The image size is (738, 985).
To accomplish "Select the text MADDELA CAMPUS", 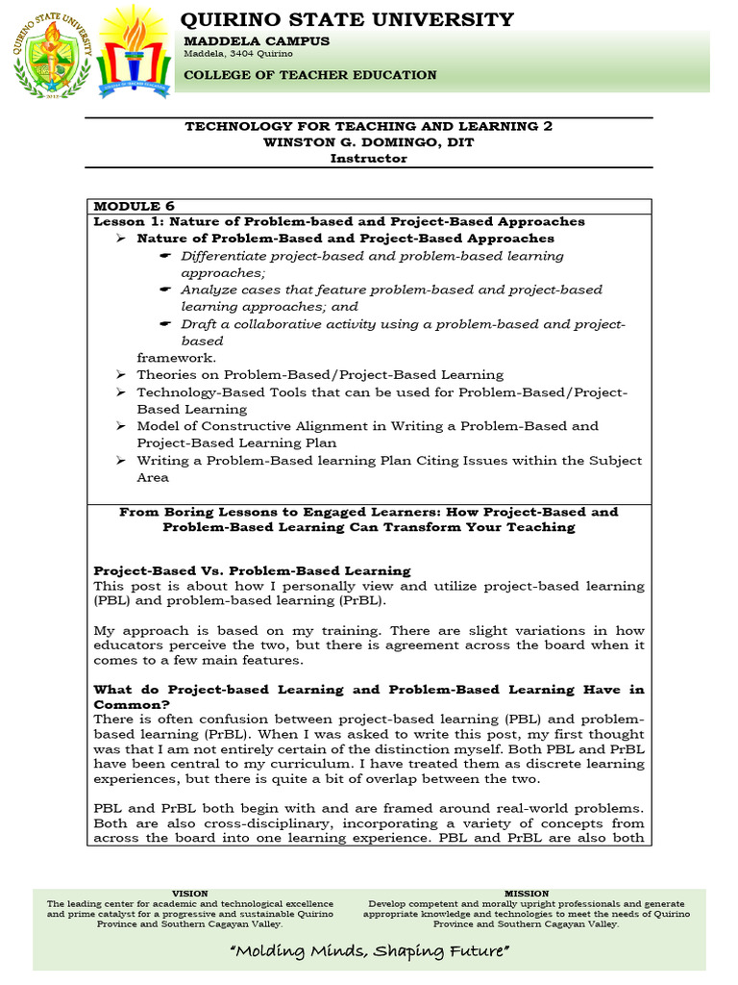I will click(257, 41).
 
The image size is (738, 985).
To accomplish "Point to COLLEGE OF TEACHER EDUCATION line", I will click(310, 75).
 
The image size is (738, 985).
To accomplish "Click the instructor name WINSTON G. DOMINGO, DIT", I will click(369, 142).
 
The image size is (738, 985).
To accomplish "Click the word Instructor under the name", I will click(369, 159).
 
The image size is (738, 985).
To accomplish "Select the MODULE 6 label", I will click(128, 206).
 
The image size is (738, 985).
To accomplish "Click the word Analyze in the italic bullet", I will click(209, 290).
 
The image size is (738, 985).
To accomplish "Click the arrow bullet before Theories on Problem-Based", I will click(120, 375).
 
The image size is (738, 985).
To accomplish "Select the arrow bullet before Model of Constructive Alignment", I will click(120, 426).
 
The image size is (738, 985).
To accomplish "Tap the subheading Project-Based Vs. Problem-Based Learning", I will click(252, 570).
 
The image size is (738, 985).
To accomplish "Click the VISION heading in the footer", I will click(189, 894).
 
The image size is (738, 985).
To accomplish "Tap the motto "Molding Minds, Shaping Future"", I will click(368, 951).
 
